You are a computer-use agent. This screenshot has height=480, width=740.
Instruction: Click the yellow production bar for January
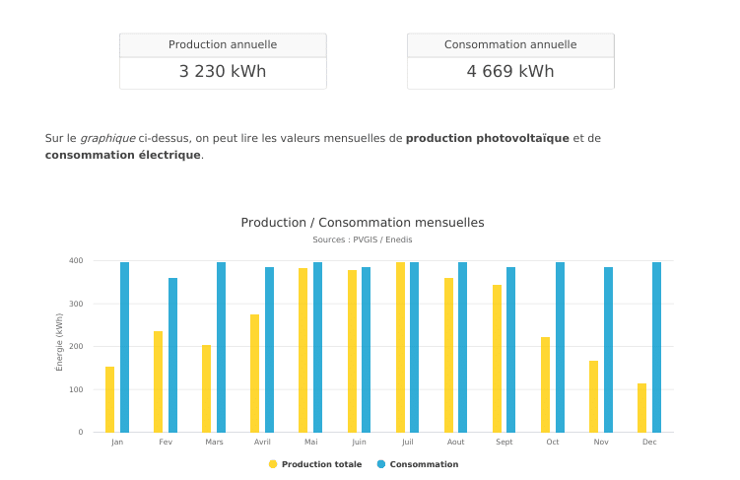click(110, 399)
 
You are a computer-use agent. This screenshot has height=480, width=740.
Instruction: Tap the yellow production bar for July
click(400, 347)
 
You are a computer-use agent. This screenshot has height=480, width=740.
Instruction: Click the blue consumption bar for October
click(560, 347)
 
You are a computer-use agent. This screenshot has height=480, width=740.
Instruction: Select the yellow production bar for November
click(593, 396)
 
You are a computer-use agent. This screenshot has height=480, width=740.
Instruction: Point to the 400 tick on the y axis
click(76, 261)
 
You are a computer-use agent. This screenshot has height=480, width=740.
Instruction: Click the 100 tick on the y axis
click(76, 389)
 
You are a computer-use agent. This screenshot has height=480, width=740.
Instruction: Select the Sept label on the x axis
click(504, 443)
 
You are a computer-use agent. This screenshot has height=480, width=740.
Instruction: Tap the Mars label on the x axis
click(214, 443)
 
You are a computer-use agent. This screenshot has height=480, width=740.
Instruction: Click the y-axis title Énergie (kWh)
click(59, 342)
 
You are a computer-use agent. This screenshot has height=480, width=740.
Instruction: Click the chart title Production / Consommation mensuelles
click(363, 223)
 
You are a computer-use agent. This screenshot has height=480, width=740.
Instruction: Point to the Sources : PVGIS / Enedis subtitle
click(363, 240)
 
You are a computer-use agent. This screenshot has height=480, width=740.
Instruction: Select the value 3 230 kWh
click(223, 72)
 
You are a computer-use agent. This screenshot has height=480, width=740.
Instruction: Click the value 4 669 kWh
click(510, 72)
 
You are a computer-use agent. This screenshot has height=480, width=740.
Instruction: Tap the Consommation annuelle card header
click(510, 45)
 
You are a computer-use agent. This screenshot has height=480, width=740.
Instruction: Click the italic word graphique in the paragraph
click(107, 138)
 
